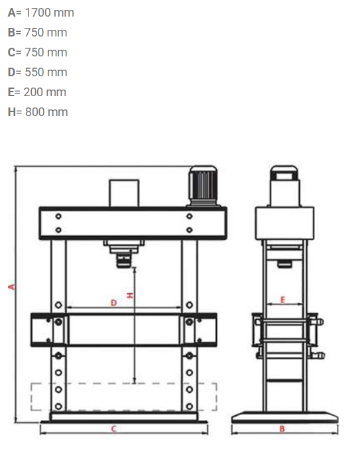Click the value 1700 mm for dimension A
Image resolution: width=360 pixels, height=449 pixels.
click(50, 13)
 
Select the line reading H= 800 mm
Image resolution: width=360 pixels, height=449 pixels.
click(38, 112)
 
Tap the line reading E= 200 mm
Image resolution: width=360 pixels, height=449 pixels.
click(37, 92)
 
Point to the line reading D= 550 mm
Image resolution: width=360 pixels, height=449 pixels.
click(38, 72)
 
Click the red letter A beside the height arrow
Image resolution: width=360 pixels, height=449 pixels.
click(11, 287)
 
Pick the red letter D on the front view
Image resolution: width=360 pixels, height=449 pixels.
click(113, 302)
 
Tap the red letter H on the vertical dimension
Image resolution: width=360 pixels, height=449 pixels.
click(130, 295)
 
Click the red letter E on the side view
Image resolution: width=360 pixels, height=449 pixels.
click(282, 300)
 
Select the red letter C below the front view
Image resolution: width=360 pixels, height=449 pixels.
click(113, 428)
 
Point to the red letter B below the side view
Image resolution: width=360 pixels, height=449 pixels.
click(282, 428)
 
